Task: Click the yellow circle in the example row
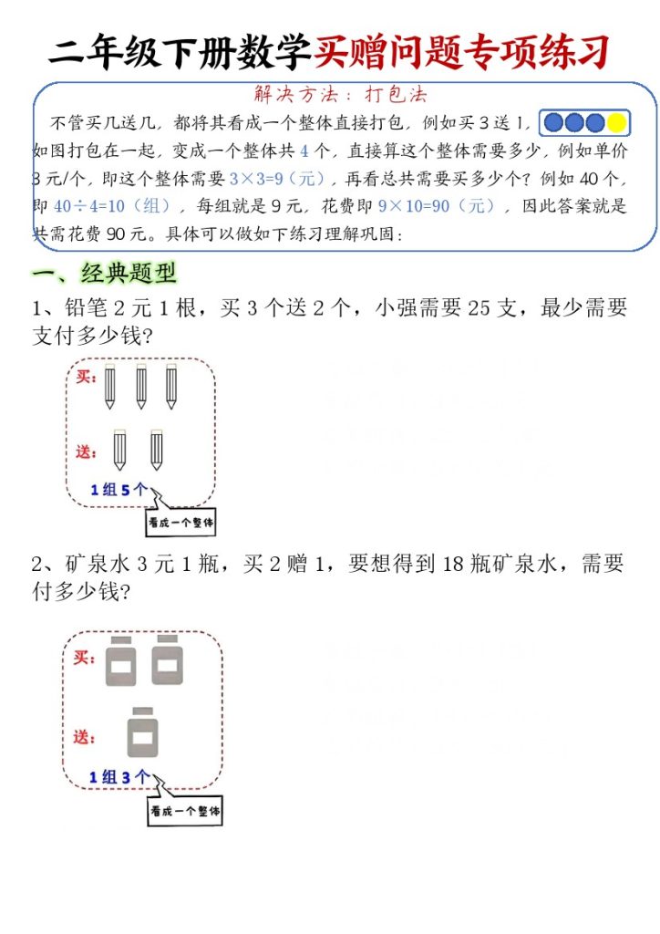click(x=616, y=123)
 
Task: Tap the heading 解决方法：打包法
click(x=339, y=94)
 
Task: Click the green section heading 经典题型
click(x=128, y=273)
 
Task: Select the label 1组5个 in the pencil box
click(x=119, y=490)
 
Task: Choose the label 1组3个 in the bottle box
click(x=119, y=777)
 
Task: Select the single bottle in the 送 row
click(x=142, y=732)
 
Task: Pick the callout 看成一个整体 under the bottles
click(x=185, y=810)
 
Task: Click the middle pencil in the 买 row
click(x=141, y=387)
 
